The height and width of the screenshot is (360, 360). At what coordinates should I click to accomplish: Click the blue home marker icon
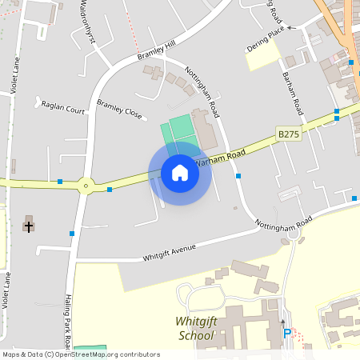180,173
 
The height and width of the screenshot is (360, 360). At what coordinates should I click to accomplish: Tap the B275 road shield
288,134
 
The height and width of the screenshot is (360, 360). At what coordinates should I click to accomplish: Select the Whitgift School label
195,328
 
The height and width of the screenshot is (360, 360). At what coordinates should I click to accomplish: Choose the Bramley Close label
119,109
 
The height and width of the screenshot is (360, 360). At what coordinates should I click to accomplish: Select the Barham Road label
292,92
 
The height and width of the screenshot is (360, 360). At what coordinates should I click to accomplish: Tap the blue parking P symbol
286,333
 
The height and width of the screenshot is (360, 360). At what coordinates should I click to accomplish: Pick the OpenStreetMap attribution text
81,354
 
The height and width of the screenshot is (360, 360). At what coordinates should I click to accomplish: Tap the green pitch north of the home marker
181,129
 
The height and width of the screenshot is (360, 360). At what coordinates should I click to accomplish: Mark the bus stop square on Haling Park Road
72,234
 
